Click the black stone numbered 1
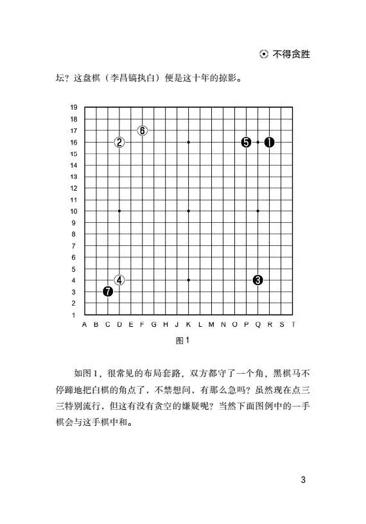tap(270, 142)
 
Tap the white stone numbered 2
tap(119, 142)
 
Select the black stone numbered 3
tap(258, 280)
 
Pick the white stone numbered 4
tap(119, 280)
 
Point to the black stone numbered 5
tap(247, 142)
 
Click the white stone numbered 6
tap(143, 130)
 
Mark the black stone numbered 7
tap(108, 292)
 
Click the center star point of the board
tap(189, 211)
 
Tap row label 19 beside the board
tap(74, 107)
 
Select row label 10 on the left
tap(74, 211)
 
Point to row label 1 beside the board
tap(74, 315)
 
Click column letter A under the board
tap(85, 325)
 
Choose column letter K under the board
tap(189, 325)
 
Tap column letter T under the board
tap(293, 325)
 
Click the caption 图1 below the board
tap(182, 341)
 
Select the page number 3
tap(303, 479)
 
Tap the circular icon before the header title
tap(263, 55)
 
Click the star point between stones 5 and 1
tap(258, 142)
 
